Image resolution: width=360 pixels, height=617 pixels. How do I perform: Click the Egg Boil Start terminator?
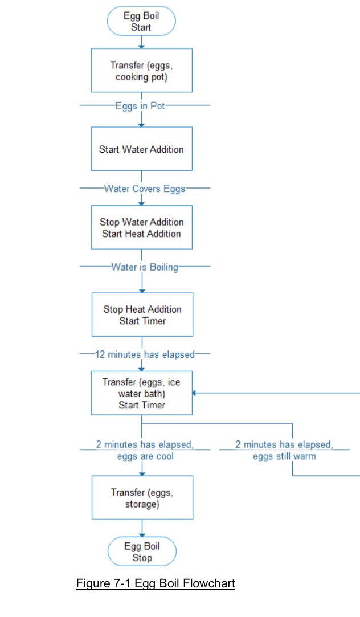click(141, 22)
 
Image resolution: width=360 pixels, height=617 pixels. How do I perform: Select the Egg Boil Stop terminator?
click(142, 551)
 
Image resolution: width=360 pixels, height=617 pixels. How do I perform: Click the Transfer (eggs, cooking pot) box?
click(141, 70)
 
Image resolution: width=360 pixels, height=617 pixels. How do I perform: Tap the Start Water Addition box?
click(141, 149)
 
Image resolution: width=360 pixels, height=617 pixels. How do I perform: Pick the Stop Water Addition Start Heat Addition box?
click(141, 227)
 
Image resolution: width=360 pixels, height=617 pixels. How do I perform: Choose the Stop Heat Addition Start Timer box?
click(142, 314)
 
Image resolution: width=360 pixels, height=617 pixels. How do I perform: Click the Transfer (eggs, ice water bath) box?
click(142, 393)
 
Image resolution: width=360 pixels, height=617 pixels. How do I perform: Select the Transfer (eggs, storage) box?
click(142, 497)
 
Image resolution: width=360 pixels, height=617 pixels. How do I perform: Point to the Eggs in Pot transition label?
click(140, 105)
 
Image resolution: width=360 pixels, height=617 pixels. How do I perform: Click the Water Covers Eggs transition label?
click(144, 188)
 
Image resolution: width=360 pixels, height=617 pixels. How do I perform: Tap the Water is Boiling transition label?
click(145, 267)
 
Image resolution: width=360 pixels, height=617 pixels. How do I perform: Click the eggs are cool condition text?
click(145, 456)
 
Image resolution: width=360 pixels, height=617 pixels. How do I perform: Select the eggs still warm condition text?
click(284, 456)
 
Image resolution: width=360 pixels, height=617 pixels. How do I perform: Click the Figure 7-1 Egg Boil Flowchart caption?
click(156, 583)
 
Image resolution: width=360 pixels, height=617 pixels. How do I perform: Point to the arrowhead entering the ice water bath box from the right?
click(195, 393)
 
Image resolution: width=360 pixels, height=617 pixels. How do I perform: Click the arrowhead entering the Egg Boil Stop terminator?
click(142, 534)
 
